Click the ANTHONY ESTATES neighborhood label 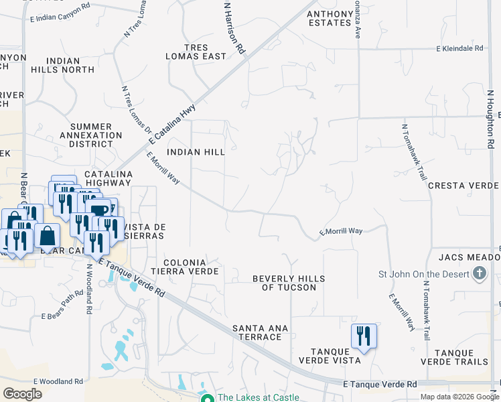[x=329, y=18]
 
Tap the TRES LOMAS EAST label [x=196, y=51]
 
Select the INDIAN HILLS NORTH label [x=66, y=65]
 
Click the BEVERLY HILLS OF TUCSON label [x=288, y=283]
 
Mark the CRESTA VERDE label [x=462, y=186]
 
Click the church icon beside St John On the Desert [x=479, y=273]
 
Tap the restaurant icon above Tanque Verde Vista [x=364, y=335]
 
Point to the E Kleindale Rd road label [x=459, y=49]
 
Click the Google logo [x=23, y=394]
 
